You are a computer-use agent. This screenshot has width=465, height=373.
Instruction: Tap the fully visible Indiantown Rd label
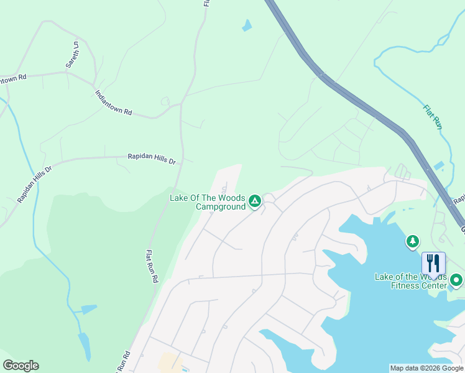click(114, 103)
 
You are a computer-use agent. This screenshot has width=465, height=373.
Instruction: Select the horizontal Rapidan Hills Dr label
click(152, 159)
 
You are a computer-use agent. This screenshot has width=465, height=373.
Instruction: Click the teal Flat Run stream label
click(433, 116)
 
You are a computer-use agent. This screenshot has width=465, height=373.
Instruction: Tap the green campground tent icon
click(254, 201)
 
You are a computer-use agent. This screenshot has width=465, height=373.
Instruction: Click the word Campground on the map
click(221, 206)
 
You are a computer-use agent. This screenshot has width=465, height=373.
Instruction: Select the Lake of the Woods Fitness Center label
click(410, 281)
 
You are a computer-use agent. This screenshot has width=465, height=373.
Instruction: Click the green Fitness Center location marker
click(456, 280)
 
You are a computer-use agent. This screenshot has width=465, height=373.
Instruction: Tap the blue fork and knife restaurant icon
click(433, 263)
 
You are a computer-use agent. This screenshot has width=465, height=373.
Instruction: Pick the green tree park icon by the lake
click(412, 241)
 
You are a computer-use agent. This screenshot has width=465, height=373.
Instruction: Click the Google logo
click(21, 366)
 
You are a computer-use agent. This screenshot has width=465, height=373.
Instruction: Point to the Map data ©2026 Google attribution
click(426, 368)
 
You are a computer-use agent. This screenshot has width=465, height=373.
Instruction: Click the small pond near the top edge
click(247, 25)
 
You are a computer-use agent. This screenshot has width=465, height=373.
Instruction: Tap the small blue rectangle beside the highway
click(439, 165)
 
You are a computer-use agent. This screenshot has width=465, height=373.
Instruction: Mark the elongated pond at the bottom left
click(84, 346)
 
